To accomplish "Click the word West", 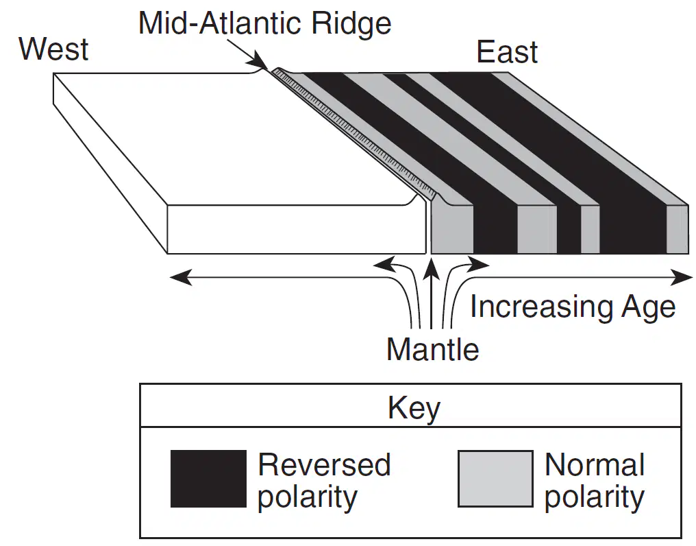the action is pyautogui.click(x=53, y=49).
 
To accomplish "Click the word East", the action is pyautogui.click(x=507, y=52).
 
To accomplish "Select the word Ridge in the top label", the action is pyautogui.click(x=351, y=23).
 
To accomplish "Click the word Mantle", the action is pyautogui.click(x=433, y=349).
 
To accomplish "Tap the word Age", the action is pyautogui.click(x=649, y=308).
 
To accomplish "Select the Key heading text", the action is pyautogui.click(x=414, y=408).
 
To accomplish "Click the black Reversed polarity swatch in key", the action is pyautogui.click(x=209, y=479).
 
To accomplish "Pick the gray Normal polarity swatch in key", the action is pyautogui.click(x=495, y=479).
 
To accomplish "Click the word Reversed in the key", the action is pyautogui.click(x=325, y=464).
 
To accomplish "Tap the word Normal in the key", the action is pyautogui.click(x=595, y=464).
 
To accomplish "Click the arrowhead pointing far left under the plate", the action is pyautogui.click(x=180, y=277).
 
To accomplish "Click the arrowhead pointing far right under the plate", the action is pyautogui.click(x=682, y=277).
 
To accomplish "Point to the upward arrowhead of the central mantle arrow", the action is pyautogui.click(x=431, y=269).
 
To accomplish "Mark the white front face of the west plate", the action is pyautogui.click(x=297, y=229).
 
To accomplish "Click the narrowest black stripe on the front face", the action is pyautogui.click(x=569, y=229).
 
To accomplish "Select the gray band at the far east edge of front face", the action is pyautogui.click(x=678, y=229).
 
